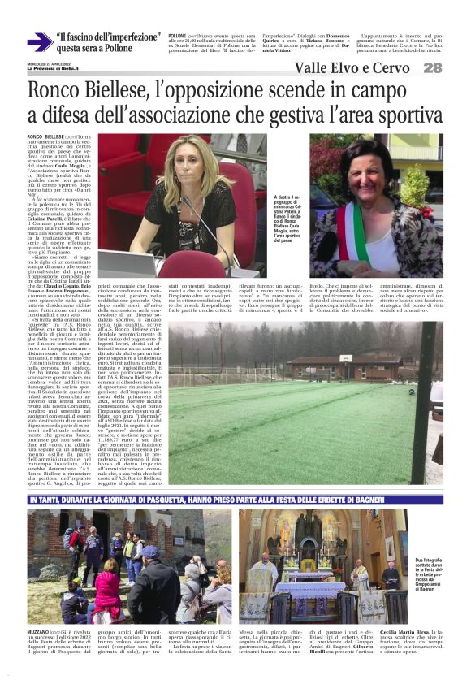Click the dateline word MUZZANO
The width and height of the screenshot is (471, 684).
(40, 630)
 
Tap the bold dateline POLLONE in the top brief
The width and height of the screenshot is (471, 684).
(177, 37)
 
